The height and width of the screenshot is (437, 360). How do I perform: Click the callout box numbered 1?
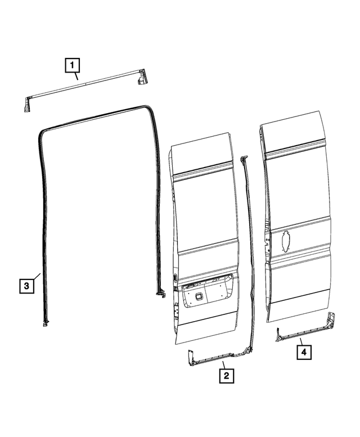71,65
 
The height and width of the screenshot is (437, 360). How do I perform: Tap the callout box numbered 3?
26,286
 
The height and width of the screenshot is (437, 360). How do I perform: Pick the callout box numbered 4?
303,352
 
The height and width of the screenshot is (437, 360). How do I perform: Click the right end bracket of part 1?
142,77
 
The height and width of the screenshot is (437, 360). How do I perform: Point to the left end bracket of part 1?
27,104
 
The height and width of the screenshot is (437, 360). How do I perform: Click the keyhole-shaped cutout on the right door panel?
286,242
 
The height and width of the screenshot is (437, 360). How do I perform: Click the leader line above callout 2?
223,364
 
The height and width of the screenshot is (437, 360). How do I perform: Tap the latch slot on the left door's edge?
175,277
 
